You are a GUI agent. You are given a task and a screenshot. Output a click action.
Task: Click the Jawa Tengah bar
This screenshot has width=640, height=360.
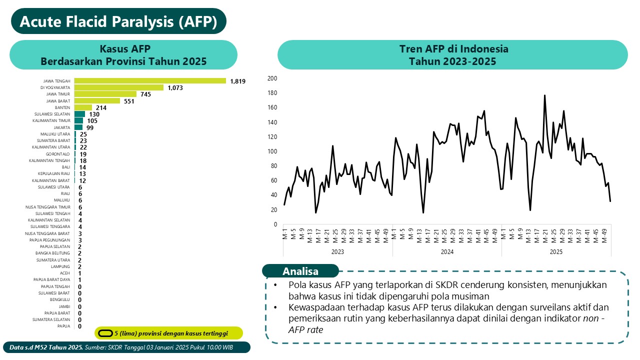coord(150,80)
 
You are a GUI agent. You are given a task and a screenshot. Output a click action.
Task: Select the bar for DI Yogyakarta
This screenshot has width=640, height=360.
coord(119,87)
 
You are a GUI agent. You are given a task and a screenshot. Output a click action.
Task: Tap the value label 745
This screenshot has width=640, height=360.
coord(145,94)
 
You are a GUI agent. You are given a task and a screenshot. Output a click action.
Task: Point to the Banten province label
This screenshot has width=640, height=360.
coord(62,107)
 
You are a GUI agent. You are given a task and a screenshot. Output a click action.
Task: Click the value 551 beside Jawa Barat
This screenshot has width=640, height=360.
coord(130,101)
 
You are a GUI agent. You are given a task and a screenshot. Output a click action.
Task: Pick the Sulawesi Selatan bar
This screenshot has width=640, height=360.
coord(79,114)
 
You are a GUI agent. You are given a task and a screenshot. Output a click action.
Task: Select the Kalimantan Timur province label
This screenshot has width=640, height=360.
coord(51,121)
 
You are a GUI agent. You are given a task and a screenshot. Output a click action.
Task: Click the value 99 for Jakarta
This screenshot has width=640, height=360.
coord(89,127)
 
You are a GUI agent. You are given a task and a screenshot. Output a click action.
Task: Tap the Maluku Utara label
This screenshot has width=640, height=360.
coord(55,134)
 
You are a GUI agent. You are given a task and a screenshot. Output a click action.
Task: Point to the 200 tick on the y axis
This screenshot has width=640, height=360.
coord(272,78)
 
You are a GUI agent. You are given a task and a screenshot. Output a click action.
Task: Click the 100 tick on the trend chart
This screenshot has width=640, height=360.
coord(272,151)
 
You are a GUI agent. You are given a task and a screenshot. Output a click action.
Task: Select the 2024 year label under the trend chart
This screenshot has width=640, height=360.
coord(447,252)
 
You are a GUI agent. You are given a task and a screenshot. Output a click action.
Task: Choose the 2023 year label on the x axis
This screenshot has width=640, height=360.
coord(337,252)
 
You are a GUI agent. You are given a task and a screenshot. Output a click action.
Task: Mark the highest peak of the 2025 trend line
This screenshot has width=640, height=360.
coord(544,95)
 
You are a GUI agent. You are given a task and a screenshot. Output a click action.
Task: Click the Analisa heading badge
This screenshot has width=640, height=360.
coord(300,271)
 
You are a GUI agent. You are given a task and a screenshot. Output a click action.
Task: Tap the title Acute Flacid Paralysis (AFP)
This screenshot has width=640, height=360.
coord(118,21)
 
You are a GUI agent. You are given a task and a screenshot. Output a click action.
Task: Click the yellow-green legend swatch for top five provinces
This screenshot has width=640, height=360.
coord(105,333)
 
